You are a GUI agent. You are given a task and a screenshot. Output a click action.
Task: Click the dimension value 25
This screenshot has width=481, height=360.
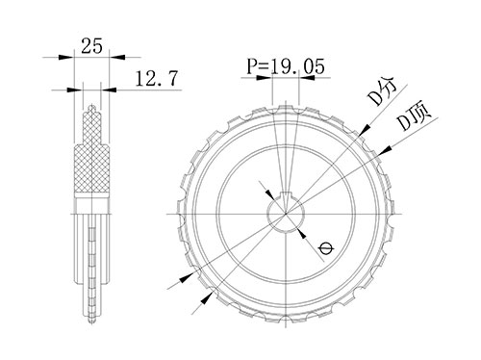[x=91, y=45]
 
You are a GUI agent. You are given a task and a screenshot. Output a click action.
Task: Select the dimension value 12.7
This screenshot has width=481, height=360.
[x=156, y=79]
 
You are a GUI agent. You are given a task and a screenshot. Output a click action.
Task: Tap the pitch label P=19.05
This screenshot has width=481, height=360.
[x=286, y=66]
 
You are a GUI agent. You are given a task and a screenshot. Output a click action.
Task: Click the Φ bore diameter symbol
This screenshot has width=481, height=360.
[x=326, y=248]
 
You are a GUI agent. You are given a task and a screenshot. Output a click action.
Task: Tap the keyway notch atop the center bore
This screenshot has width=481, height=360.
[x=286, y=194]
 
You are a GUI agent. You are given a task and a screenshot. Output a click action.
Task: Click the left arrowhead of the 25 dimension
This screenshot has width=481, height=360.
[x=66, y=57]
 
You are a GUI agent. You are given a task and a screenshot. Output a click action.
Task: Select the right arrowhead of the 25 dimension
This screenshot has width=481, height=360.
[x=117, y=57]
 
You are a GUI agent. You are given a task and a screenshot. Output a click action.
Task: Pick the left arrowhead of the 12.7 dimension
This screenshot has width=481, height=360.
[x=75, y=90]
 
